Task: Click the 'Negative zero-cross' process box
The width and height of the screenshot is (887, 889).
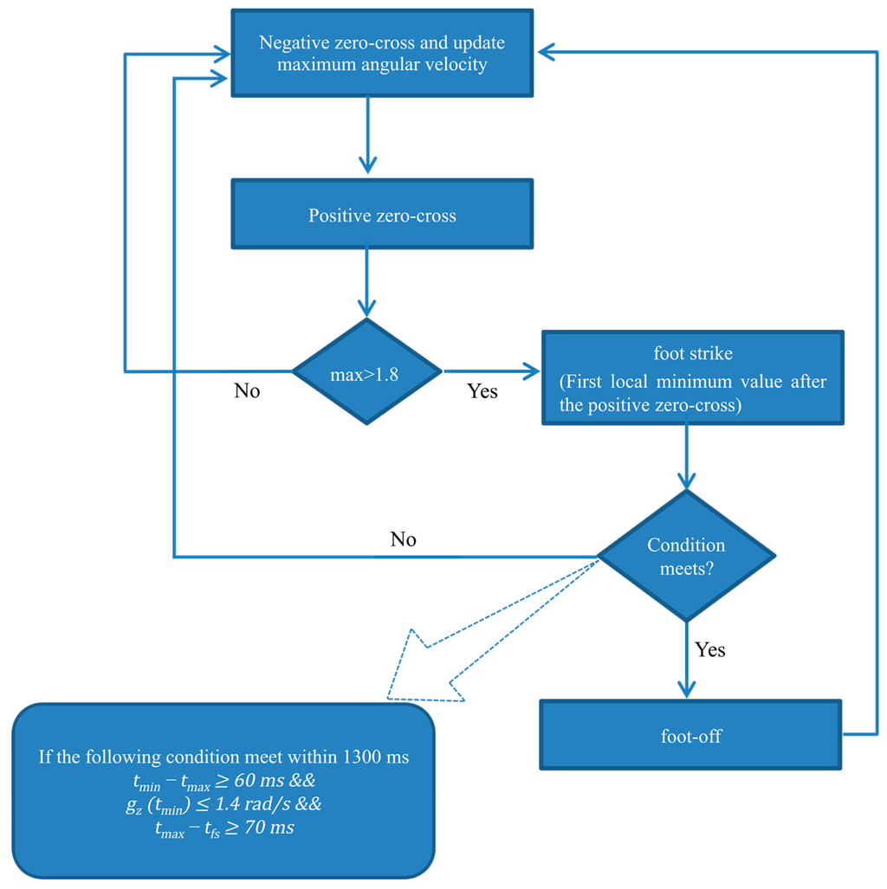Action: pyautogui.click(x=381, y=54)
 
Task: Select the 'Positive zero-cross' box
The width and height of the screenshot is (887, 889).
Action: pyautogui.click(x=381, y=215)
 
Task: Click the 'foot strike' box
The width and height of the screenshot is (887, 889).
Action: pyautogui.click(x=692, y=377)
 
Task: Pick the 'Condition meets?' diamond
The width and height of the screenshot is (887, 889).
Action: pyautogui.click(x=686, y=556)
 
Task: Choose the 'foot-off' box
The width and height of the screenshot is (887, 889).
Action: pyautogui.click(x=690, y=735)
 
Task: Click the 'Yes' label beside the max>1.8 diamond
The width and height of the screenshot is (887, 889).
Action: pyautogui.click(x=482, y=391)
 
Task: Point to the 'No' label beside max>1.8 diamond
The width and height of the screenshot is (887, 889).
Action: pyautogui.click(x=247, y=391)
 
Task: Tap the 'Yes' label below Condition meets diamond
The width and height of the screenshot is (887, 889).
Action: pyautogui.click(x=709, y=649)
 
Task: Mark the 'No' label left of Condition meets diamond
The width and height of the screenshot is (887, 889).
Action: pyautogui.click(x=403, y=540)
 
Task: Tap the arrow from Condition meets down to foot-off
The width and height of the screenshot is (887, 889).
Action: pyautogui.click(x=686, y=662)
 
